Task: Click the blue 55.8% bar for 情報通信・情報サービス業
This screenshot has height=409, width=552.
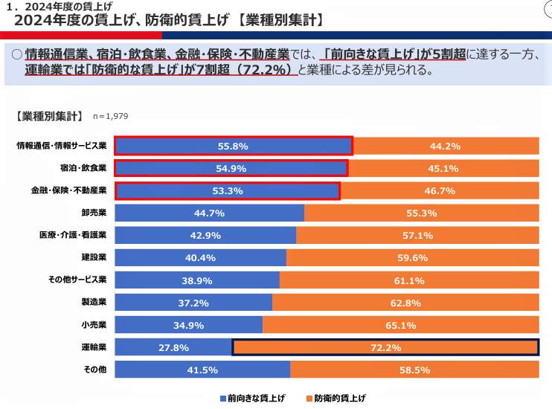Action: click(x=233, y=146)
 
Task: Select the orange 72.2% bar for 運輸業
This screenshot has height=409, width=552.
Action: click(x=385, y=347)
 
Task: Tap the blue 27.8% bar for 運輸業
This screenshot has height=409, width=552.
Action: click(x=173, y=347)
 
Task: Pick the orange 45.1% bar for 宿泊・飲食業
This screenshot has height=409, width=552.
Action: click(x=443, y=169)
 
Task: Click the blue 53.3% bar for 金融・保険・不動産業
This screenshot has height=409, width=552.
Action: click(x=228, y=191)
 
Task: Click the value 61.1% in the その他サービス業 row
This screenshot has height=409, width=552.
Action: click(x=409, y=280)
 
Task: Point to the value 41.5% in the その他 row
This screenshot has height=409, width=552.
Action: click(x=202, y=370)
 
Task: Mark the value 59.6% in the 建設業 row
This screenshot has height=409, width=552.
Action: click(x=412, y=258)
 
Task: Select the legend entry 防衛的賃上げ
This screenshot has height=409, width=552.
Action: click(x=339, y=399)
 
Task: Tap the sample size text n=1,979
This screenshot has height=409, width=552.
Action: click(x=111, y=117)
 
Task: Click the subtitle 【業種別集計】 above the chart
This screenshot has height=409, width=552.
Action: click(x=48, y=116)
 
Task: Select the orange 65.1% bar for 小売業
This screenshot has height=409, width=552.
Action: click(x=400, y=325)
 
